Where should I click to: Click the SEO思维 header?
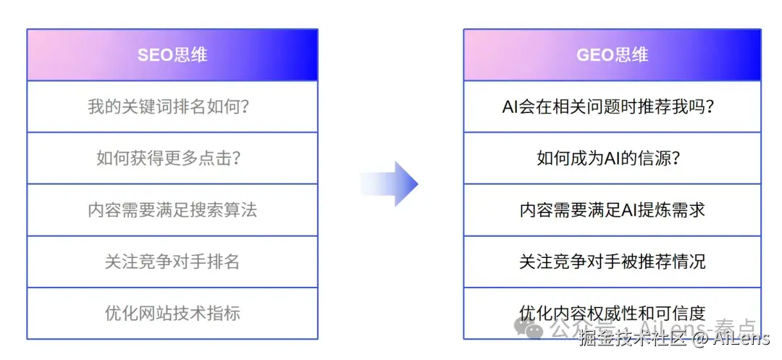(172, 55)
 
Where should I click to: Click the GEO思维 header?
(612, 55)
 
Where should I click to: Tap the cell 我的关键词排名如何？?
(172, 106)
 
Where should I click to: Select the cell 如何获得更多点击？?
(172, 158)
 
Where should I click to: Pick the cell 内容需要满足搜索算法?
(172, 210)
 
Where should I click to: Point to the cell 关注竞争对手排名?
(172, 261)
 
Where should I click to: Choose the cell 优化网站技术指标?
(172, 314)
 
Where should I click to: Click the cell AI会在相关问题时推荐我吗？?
(612, 106)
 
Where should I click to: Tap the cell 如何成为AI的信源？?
(612, 158)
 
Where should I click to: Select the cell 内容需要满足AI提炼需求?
(612, 210)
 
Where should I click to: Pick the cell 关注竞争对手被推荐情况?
(612, 261)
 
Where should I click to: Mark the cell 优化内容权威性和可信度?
(612, 313)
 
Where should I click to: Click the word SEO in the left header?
(154, 55)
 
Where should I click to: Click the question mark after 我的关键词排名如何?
(243, 107)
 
